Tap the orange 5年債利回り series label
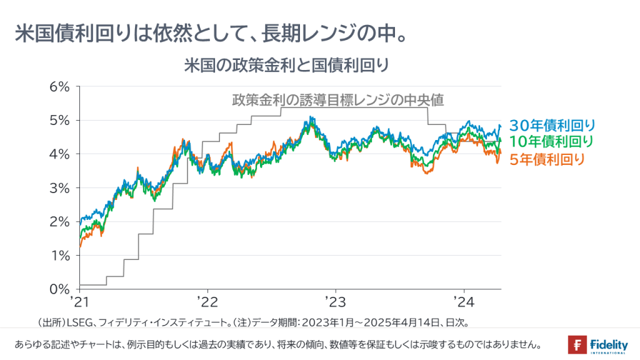pos(547,159)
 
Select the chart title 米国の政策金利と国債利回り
pos(287,64)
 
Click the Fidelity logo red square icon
pos(576,344)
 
